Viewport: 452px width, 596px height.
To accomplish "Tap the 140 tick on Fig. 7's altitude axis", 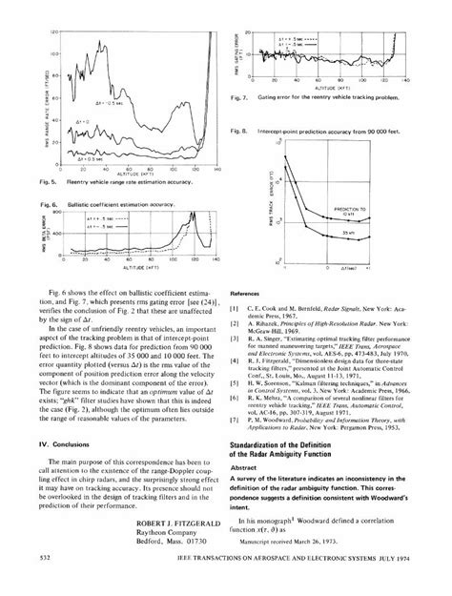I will [406, 80].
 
